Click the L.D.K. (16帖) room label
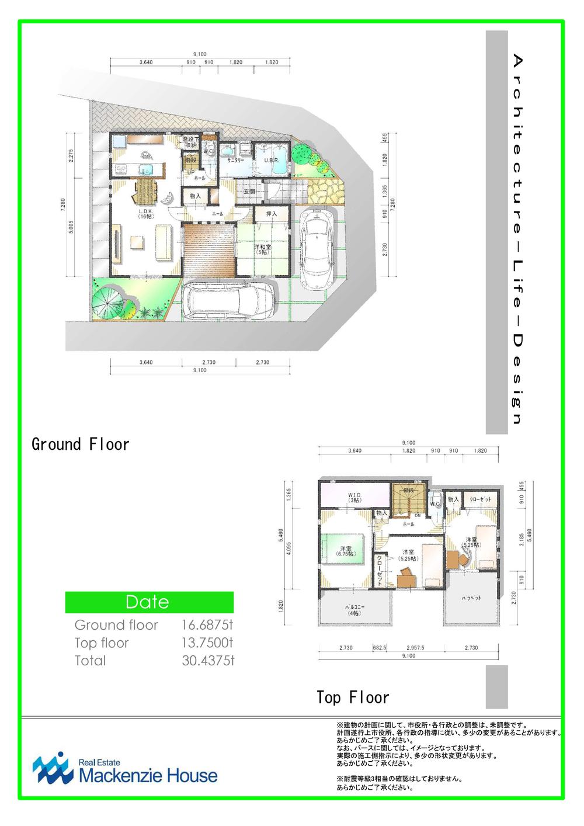145,214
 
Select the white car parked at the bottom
229,301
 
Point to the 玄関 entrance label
249,191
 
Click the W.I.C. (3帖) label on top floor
354,498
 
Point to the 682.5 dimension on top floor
380,648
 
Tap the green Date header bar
149,602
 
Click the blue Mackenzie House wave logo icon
53,768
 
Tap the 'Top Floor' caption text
353,697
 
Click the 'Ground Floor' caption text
80,444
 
